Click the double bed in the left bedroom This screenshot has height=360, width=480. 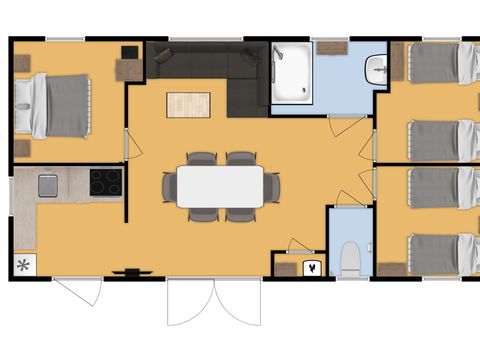tap(62, 106)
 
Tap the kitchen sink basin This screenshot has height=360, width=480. tap(47, 184)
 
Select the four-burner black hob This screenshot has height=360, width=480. tap(105, 181)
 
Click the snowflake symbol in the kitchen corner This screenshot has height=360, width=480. tap(23, 266)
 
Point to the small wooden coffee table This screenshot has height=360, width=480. tap(188, 104)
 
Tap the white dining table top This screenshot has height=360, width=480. tap(220, 186)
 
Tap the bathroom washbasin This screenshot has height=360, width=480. tap(376, 70)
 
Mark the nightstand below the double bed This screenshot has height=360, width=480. tap(21, 148)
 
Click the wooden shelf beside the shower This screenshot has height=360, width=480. tap(331, 46)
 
